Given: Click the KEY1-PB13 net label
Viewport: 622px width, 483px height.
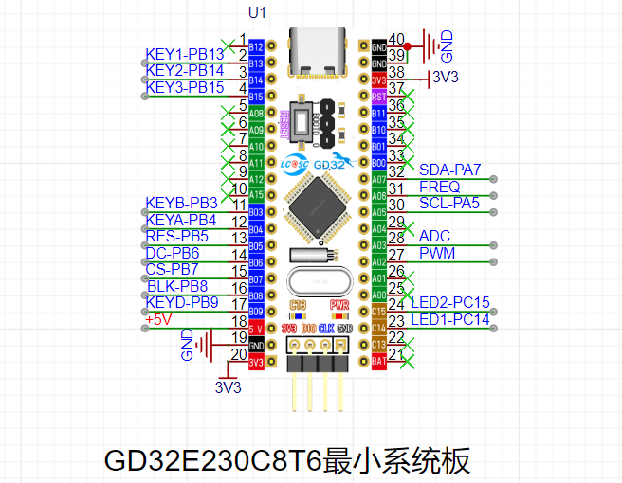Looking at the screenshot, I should click(185, 54).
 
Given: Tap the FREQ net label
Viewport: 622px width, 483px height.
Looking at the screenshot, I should click(439, 187).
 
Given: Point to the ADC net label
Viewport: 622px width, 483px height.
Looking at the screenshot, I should click(434, 236).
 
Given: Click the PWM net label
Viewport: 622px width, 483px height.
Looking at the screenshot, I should click(436, 253).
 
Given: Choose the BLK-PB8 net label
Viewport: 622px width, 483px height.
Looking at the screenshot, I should click(177, 286).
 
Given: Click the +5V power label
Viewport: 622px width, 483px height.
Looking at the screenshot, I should click(161, 319).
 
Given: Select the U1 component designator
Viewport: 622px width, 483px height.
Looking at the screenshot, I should click(257, 13).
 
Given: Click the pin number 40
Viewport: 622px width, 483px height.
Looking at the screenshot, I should click(396, 39).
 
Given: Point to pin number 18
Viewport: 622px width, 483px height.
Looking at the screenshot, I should click(240, 320).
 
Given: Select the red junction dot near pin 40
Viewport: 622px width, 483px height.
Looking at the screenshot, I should click(408, 45).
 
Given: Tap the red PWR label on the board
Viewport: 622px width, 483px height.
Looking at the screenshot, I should click(339, 305).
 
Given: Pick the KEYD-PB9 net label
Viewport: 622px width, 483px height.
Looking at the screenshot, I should click(182, 302).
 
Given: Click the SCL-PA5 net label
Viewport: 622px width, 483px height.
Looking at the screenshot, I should click(448, 203).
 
